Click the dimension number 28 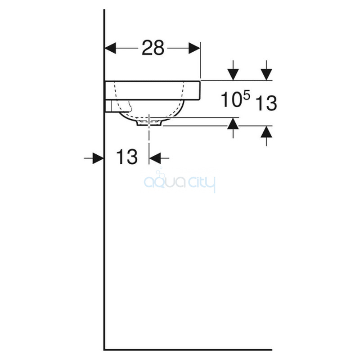(153, 48)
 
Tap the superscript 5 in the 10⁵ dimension (246, 95)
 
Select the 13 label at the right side (266, 103)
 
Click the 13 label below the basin (127, 156)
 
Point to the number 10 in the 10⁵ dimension (231, 99)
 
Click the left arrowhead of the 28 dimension (110, 48)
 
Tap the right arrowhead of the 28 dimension (194, 48)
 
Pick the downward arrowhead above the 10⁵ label (233, 75)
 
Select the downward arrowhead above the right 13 (266, 75)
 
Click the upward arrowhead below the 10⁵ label (233, 123)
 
